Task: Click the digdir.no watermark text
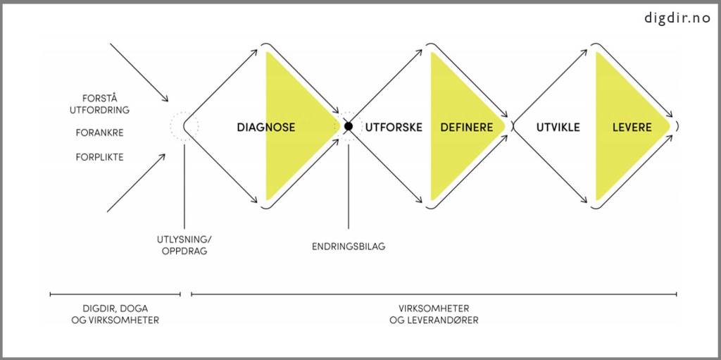pyautogui.click(x=677, y=18)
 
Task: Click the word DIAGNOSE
pyautogui.click(x=265, y=128)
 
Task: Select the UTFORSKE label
pyautogui.click(x=394, y=128)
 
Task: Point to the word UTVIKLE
pyautogui.click(x=558, y=128)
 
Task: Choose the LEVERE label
pyautogui.click(x=632, y=128)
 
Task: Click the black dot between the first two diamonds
pyautogui.click(x=348, y=127)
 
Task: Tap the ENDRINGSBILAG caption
pyautogui.click(x=349, y=247)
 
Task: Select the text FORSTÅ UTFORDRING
pyautogui.click(x=99, y=104)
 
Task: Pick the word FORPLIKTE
pyautogui.click(x=99, y=157)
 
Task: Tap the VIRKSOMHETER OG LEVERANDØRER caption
pyautogui.click(x=434, y=314)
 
